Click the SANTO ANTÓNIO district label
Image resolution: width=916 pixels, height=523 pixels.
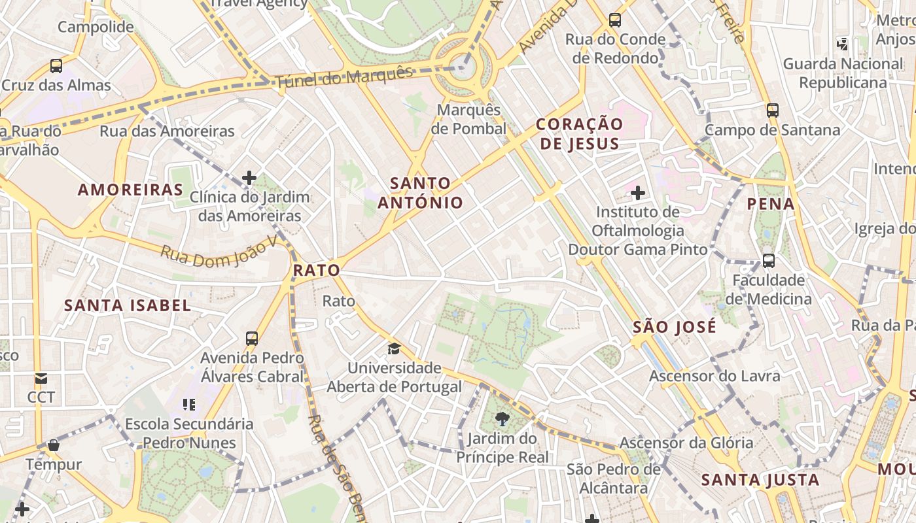(x=420, y=193)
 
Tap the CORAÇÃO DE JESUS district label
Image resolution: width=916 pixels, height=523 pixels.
(x=579, y=133)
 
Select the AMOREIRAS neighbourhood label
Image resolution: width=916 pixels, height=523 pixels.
(x=131, y=190)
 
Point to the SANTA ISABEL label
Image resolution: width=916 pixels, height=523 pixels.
(x=128, y=305)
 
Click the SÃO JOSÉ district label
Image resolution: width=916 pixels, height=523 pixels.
(x=675, y=327)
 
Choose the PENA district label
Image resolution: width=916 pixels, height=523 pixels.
(x=771, y=204)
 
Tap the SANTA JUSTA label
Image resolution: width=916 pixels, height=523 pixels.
(x=760, y=480)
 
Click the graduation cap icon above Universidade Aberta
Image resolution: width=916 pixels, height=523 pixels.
(x=394, y=348)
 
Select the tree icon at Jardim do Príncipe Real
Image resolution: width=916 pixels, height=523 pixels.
(x=502, y=419)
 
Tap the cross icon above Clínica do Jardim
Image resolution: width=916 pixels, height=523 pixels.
(x=249, y=177)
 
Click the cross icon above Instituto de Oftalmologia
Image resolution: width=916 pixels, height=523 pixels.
(x=638, y=193)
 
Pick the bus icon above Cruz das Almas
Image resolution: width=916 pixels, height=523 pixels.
(x=56, y=66)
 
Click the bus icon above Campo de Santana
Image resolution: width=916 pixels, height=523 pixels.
(x=773, y=110)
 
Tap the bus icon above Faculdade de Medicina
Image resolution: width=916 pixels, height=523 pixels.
(x=769, y=261)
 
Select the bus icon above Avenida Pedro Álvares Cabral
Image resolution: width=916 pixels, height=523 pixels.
(x=252, y=339)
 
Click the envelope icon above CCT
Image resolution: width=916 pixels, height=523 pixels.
(x=41, y=379)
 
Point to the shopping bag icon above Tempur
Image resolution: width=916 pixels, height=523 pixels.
(x=54, y=446)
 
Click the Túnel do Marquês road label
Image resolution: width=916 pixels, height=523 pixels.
(x=345, y=77)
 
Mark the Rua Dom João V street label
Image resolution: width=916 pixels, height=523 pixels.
(x=219, y=252)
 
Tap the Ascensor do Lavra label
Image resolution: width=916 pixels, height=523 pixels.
(x=714, y=376)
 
